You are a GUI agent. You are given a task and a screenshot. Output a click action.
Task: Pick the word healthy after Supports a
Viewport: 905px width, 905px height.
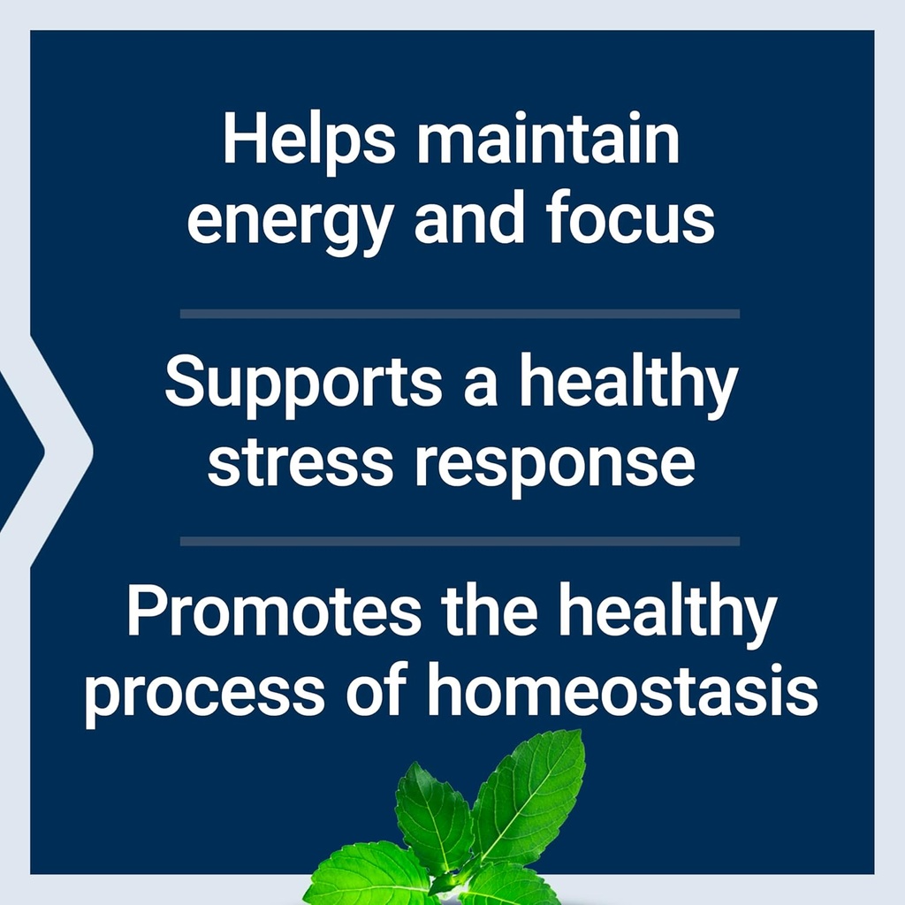tap(627, 386)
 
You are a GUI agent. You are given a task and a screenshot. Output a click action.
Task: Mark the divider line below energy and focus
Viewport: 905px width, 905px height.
tap(460, 314)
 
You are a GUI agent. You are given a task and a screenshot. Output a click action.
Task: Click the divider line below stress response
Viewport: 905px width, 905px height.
tap(460, 541)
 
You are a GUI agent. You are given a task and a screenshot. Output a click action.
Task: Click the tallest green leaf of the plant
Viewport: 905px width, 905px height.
tap(530, 791)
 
